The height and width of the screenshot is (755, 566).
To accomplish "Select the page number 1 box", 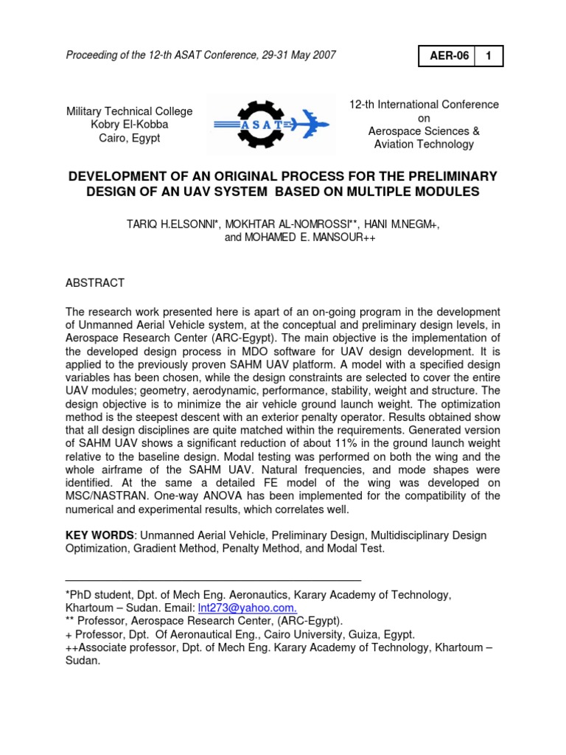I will click(x=489, y=56).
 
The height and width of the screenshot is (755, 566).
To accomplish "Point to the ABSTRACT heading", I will click(x=95, y=283).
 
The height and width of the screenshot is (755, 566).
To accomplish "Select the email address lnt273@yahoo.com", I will click(x=247, y=608).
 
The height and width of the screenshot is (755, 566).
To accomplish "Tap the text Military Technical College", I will click(x=129, y=111).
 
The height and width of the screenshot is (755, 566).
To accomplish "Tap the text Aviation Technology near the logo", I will click(x=424, y=145).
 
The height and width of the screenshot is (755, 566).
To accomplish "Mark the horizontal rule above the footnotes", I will click(x=214, y=581).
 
